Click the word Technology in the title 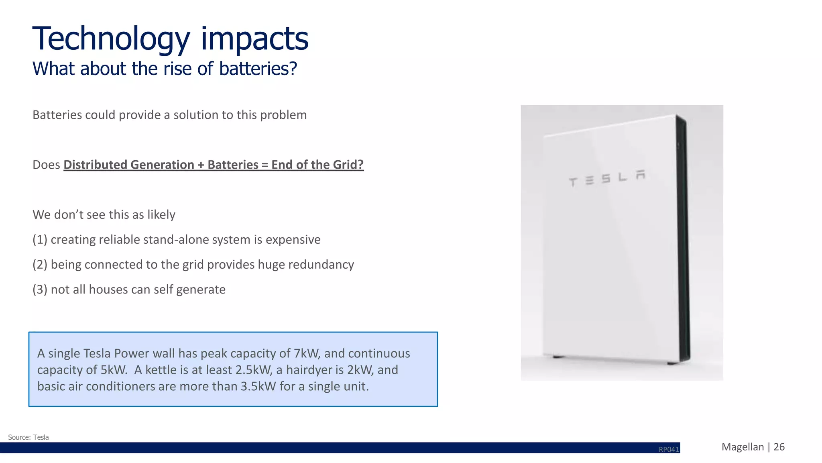coord(111,39)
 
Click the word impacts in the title coord(254,39)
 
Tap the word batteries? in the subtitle coord(258,69)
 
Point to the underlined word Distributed coord(95,165)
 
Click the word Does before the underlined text coord(46,165)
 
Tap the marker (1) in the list coord(40,239)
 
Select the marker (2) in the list coord(40,264)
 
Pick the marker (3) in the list coord(40,290)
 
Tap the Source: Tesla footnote coord(28,437)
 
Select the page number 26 coord(779,447)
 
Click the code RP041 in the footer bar coord(669,450)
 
